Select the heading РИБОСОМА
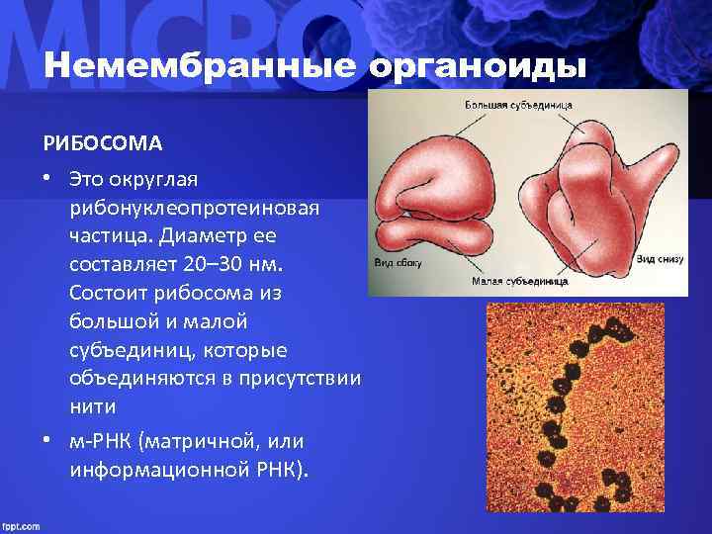pyautogui.click(x=102, y=144)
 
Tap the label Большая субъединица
pyautogui.click(x=519, y=105)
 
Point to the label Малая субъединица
pyautogui.click(x=519, y=281)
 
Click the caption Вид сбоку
pyautogui.click(x=397, y=263)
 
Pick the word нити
pyautogui.click(x=92, y=406)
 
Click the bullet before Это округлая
pyautogui.click(x=46, y=181)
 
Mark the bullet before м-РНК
pyautogui.click(x=46, y=441)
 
